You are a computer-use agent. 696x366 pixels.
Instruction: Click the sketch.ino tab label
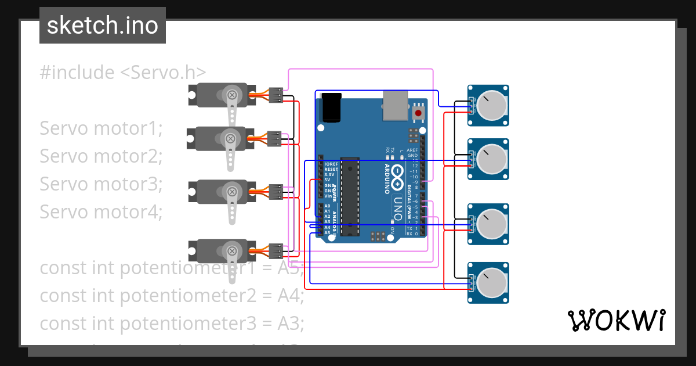click(102, 26)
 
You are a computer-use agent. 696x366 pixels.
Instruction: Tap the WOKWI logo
click(616, 320)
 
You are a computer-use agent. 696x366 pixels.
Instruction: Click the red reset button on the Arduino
click(418, 113)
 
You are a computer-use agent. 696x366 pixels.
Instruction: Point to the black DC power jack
click(331, 107)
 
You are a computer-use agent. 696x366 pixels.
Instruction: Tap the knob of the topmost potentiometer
click(491, 105)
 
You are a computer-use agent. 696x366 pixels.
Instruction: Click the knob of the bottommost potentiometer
click(491, 283)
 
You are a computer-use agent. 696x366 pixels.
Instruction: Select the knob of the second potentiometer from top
click(491, 159)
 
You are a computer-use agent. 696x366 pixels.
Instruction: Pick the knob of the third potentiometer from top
click(491, 224)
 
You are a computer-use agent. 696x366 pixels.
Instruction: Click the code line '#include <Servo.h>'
click(123, 73)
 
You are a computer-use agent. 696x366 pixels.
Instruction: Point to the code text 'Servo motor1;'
click(101, 128)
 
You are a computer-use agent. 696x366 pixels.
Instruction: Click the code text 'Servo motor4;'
click(101, 212)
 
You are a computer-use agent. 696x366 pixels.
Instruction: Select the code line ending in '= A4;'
click(172, 296)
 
